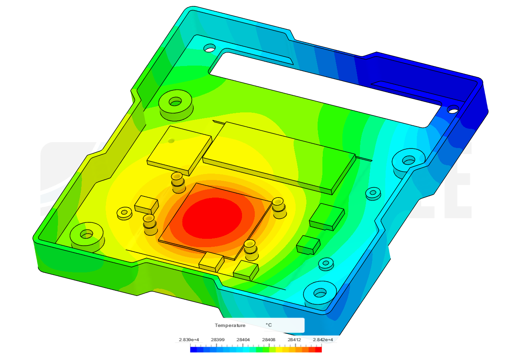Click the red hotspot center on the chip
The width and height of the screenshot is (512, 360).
coord(212,217)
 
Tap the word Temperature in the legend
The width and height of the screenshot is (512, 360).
coord(230,325)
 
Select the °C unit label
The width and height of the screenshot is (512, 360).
coord(269,325)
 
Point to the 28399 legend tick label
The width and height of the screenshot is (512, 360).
coord(218,340)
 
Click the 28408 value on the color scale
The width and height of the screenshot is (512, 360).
coord(269,340)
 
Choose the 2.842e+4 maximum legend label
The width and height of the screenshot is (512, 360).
coord(322,340)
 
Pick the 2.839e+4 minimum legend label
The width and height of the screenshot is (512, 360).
coord(189,340)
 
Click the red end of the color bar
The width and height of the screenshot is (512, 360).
coord(318,350)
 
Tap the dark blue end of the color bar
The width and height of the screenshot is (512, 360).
coord(194,350)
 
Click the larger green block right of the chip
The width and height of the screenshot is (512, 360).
coord(327,216)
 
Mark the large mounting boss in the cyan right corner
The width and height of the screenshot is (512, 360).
coord(408,161)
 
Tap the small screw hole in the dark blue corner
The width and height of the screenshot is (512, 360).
coord(453,108)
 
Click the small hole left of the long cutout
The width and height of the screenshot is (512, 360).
coord(209,49)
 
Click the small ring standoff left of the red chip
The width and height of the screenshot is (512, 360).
coord(124,213)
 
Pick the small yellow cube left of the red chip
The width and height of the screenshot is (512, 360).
coord(146,204)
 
